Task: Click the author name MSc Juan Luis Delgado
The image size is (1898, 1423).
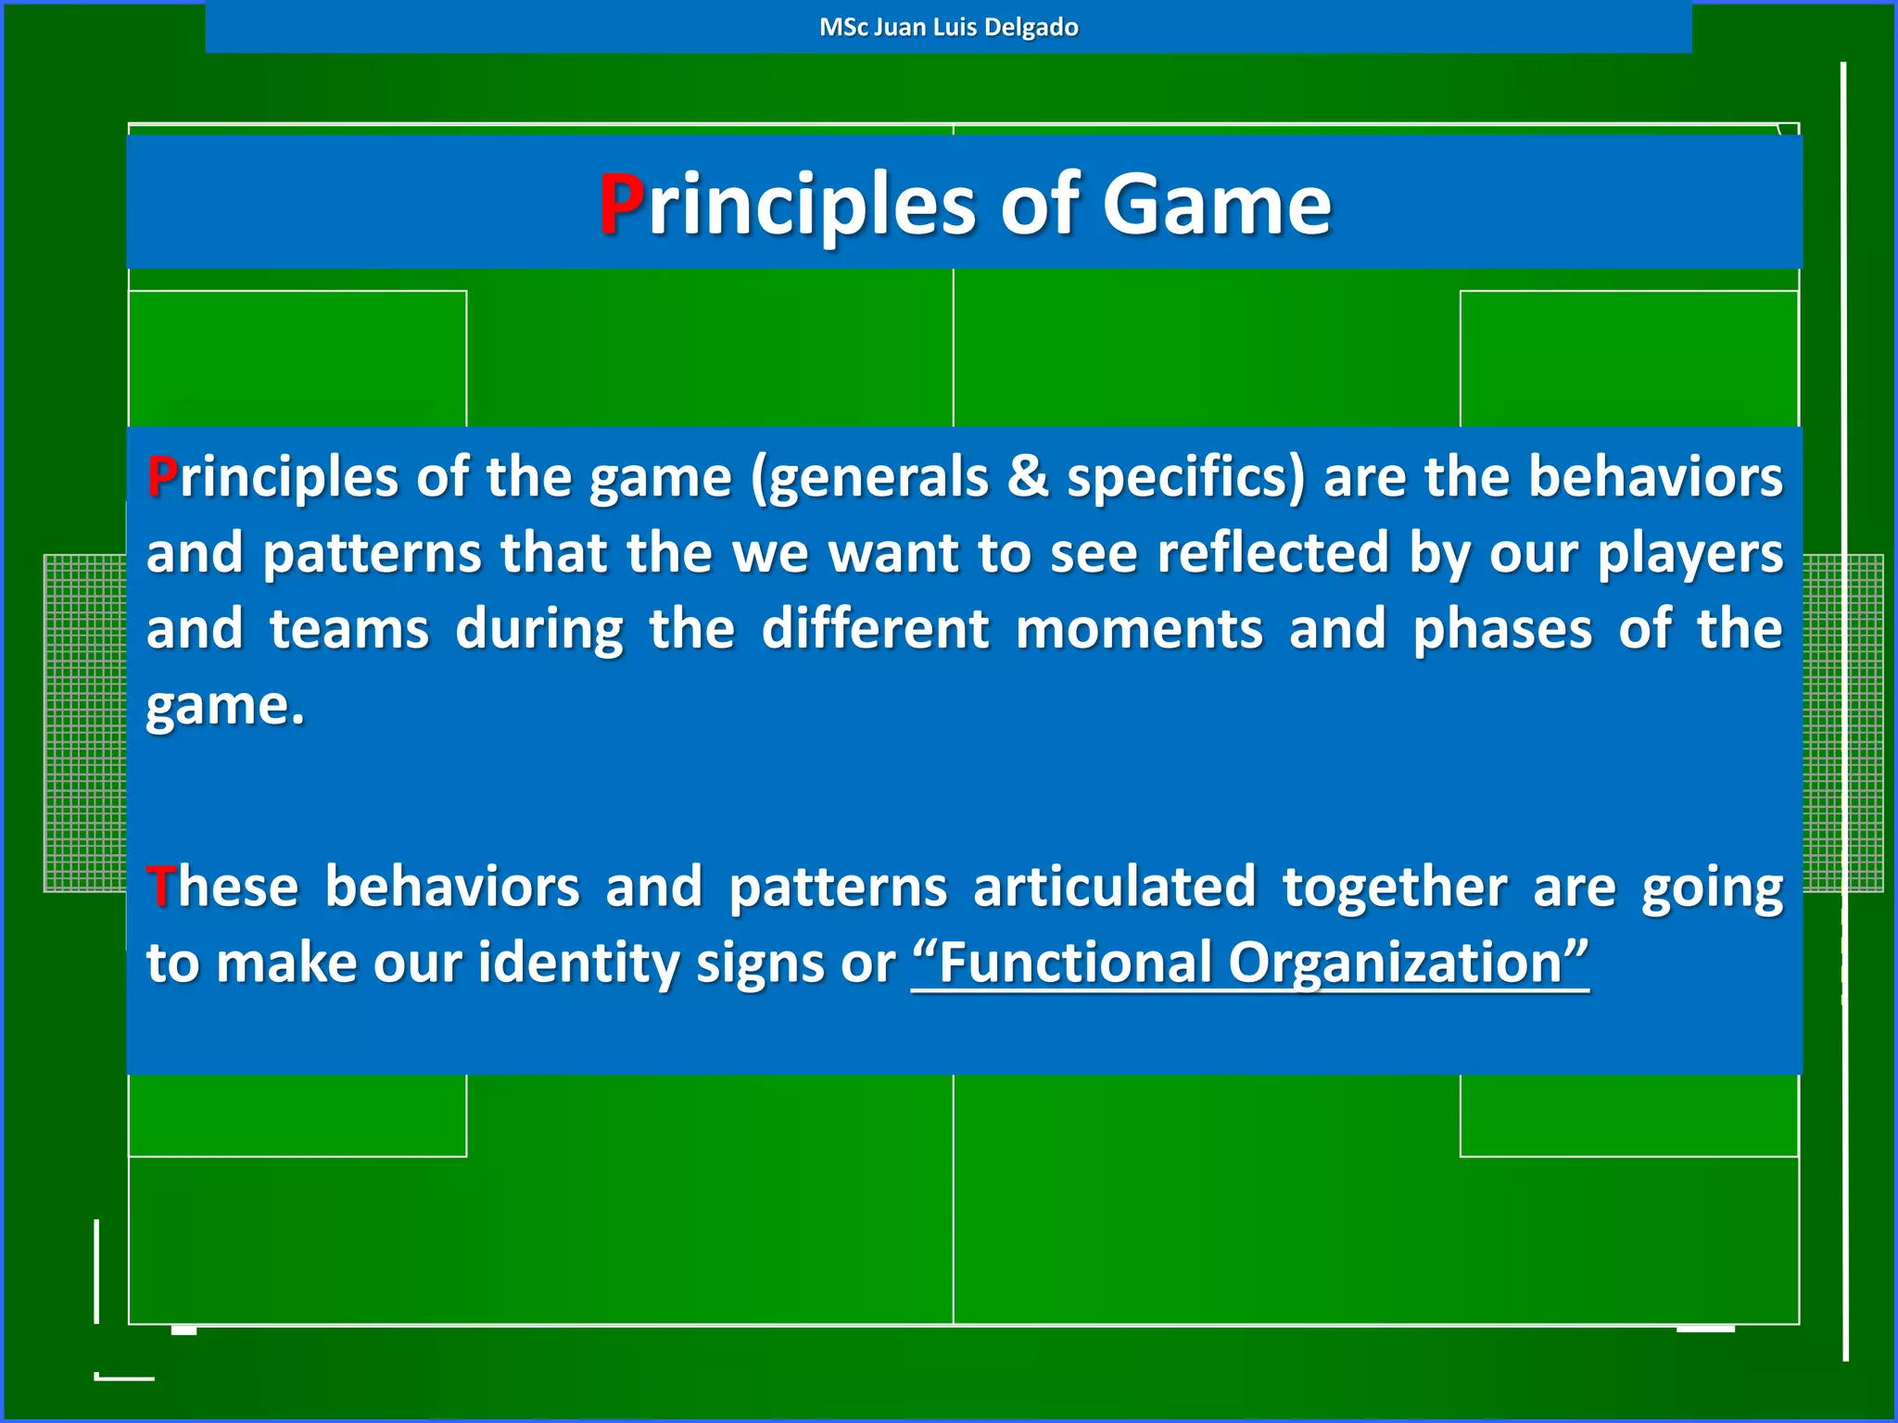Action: tap(948, 27)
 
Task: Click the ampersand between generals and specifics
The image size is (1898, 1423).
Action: tap(1027, 478)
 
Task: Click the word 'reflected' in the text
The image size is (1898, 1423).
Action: tap(1273, 554)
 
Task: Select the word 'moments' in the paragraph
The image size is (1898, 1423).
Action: tap(1139, 629)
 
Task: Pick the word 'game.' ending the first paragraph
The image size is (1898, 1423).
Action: tap(225, 707)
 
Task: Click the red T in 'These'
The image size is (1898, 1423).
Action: tap(159, 887)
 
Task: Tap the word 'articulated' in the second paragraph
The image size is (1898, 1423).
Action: tap(1115, 887)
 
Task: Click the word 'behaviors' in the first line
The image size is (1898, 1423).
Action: tap(1655, 478)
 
